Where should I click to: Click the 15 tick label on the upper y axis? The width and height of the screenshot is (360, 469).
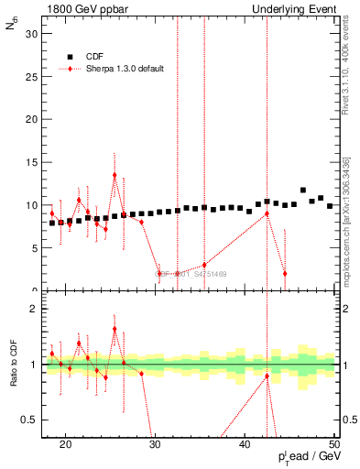[31, 162]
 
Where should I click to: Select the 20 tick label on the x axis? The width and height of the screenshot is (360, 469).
[65, 446]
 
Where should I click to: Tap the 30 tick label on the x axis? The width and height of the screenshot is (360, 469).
[155, 446]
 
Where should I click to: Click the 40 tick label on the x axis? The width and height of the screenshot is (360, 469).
[245, 446]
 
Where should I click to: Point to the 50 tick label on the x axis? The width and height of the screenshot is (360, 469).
[334, 446]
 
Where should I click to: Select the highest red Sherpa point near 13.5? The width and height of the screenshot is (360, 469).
[115, 175]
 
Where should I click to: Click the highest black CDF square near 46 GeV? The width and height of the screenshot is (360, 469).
[303, 191]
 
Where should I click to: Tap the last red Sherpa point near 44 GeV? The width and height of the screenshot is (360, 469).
[285, 274]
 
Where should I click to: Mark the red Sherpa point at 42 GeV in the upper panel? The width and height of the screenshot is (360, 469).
[267, 213]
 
